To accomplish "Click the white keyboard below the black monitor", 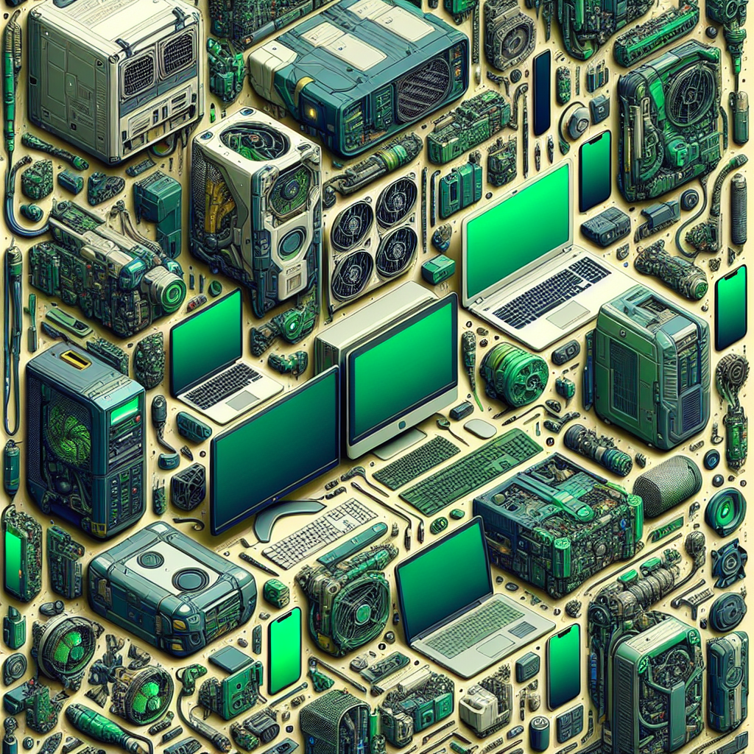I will (320, 530).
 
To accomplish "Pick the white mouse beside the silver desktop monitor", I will (479, 428).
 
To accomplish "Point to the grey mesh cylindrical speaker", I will (667, 485).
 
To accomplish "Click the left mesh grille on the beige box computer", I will (137, 74).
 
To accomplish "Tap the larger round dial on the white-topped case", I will (189, 579).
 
